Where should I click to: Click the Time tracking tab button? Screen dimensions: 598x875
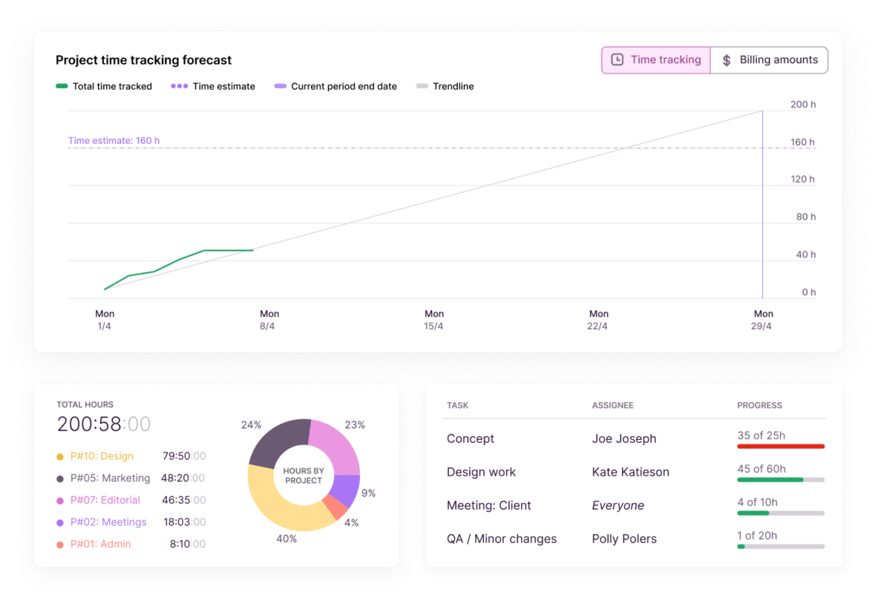(x=656, y=60)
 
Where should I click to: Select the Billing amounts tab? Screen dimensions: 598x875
(x=769, y=60)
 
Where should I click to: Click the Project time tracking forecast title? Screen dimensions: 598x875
(x=143, y=60)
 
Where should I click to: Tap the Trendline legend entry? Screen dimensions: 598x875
(x=453, y=86)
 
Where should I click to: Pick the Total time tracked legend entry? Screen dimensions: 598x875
(x=111, y=86)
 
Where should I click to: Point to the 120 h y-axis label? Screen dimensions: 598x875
(x=802, y=180)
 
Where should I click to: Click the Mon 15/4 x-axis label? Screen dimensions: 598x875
(x=434, y=320)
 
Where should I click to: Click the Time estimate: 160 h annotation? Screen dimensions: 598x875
(x=114, y=140)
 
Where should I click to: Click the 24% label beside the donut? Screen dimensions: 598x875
(x=251, y=425)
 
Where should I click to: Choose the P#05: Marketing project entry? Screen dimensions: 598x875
(x=110, y=479)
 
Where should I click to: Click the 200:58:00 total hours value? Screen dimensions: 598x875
(x=104, y=424)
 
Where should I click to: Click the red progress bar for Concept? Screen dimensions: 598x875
(x=781, y=447)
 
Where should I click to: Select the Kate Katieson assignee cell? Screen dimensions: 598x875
(x=630, y=472)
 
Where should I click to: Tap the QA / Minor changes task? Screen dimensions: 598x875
(x=501, y=539)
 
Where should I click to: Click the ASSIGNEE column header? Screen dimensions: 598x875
(x=612, y=406)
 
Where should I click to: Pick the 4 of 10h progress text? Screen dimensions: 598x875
(x=757, y=502)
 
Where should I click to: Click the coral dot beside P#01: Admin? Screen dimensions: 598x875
(x=60, y=545)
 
